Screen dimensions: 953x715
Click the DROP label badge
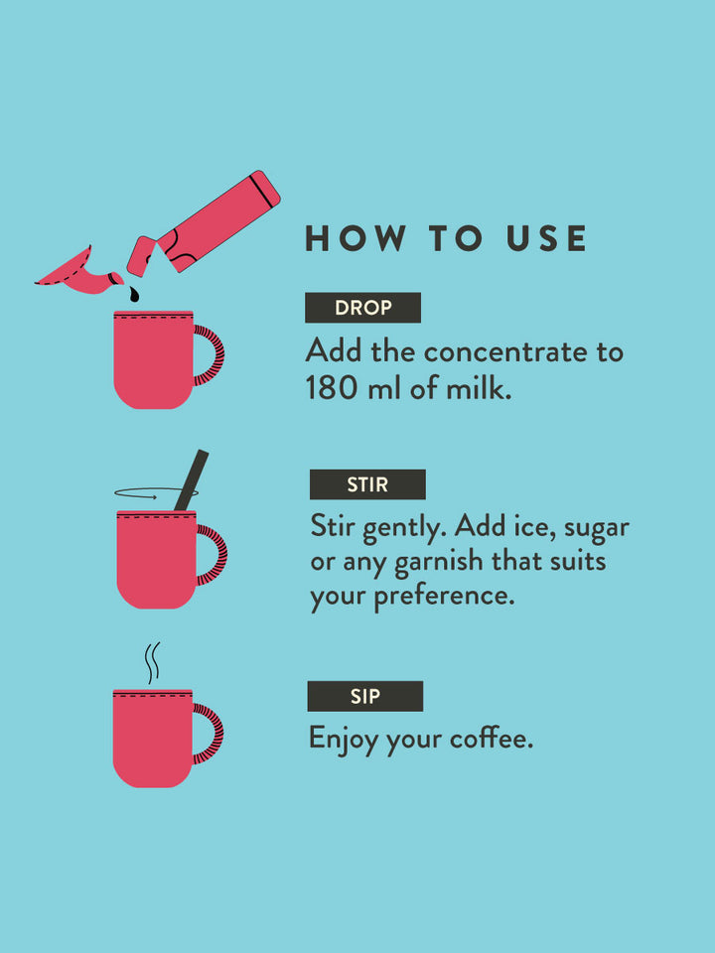coord(362,308)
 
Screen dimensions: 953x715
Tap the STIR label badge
coord(367,484)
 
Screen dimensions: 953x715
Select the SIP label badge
coord(364,697)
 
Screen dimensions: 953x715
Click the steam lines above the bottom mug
coord(152,662)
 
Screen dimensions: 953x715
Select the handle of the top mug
coord(210,355)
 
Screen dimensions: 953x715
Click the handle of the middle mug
coord(212,555)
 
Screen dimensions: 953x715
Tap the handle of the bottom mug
coord(209,734)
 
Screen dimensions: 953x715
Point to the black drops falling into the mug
coord(134,295)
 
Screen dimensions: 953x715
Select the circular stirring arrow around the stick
coord(149,491)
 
